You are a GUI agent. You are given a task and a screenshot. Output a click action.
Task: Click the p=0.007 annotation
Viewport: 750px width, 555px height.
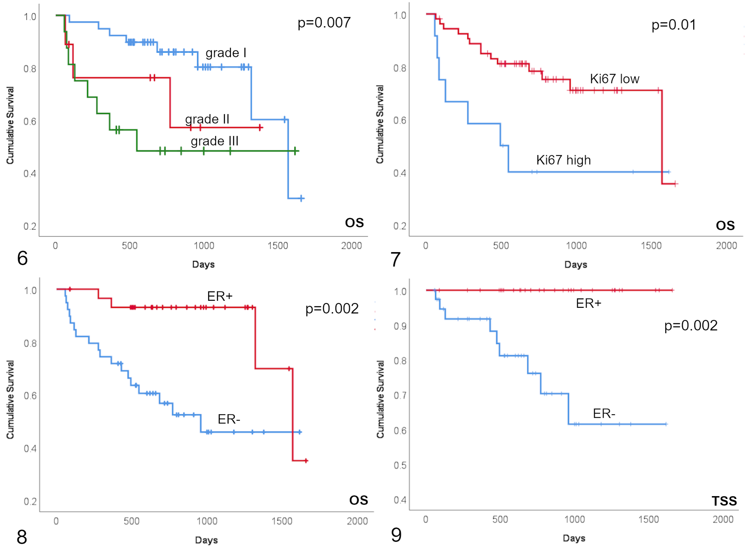(x=324, y=23)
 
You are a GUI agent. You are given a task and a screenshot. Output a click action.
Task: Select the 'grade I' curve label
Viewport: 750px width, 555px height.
(x=226, y=53)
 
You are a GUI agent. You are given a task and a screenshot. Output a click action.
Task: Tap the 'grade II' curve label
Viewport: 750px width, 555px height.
(x=207, y=119)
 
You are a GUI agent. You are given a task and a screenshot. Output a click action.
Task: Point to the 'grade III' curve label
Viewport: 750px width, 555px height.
(x=215, y=141)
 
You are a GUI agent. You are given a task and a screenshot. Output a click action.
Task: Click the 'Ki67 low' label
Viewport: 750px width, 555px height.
(x=615, y=79)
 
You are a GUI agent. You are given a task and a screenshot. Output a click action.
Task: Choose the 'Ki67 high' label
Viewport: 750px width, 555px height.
(x=563, y=160)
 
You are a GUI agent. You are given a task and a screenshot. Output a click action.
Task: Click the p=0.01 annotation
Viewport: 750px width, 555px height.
(x=673, y=25)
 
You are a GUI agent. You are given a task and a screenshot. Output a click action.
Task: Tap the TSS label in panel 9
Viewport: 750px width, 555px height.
(x=724, y=501)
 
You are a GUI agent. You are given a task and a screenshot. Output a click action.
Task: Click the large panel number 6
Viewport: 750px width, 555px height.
(x=23, y=258)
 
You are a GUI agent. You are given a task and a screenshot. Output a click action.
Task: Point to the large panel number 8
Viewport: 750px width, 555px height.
(x=22, y=537)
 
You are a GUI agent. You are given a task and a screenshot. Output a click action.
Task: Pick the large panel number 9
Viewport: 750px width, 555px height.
(x=396, y=535)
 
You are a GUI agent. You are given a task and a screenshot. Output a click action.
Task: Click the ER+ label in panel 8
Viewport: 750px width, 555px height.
(x=220, y=296)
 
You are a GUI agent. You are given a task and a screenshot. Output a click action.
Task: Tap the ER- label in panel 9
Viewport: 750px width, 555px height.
(x=604, y=413)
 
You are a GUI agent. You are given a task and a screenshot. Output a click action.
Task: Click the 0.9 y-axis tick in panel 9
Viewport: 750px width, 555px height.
(x=400, y=326)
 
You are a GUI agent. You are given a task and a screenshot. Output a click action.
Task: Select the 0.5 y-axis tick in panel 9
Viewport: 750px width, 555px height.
(x=400, y=465)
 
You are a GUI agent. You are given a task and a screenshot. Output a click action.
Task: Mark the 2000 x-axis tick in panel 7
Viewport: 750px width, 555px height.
(x=726, y=245)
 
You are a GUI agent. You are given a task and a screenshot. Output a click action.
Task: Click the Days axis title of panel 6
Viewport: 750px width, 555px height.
(x=204, y=264)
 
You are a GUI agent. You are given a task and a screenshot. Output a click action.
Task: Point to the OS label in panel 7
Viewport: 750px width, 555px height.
(x=725, y=225)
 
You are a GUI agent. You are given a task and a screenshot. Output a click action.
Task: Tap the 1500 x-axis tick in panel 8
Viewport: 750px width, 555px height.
(x=282, y=521)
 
